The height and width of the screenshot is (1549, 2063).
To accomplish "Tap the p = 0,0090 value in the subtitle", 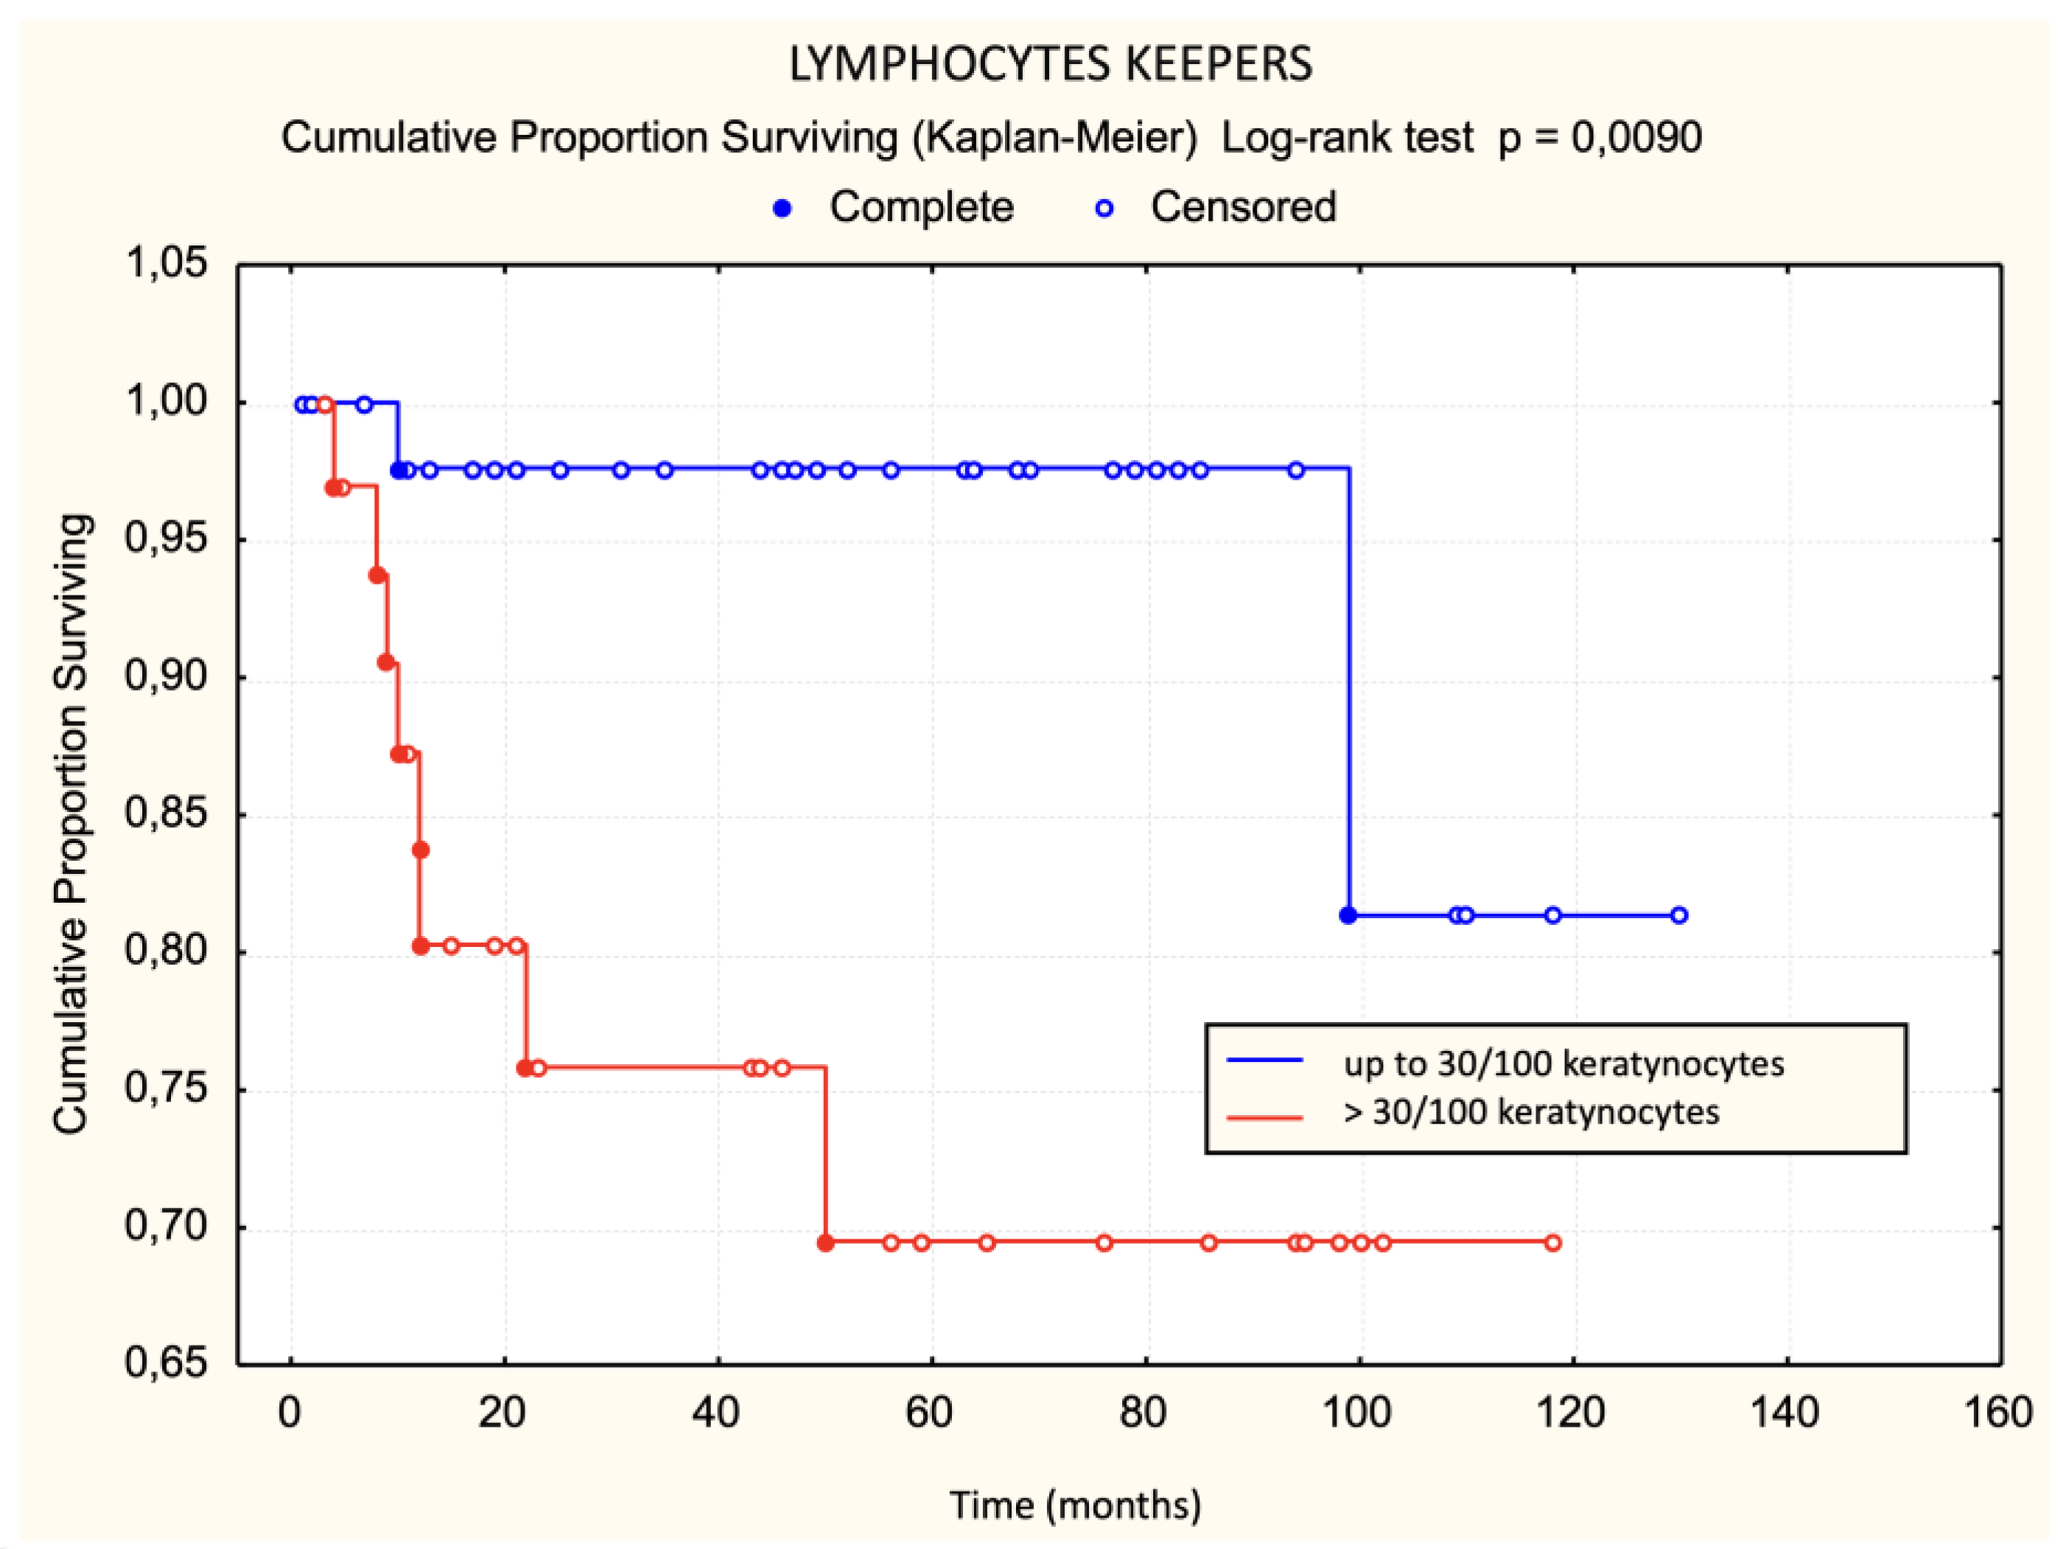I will pos(1600,137).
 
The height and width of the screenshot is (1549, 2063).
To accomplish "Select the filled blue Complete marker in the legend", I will pos(782,208).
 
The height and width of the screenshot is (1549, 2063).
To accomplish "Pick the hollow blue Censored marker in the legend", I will pos(1104,208).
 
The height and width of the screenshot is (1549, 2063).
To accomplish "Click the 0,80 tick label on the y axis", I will pos(166,951).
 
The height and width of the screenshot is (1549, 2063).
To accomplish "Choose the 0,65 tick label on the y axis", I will pos(166,1363).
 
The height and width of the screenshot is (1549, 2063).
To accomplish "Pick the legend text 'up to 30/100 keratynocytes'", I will pos(1563,1064).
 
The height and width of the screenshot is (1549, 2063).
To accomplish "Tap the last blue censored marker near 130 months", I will pos(1678,915).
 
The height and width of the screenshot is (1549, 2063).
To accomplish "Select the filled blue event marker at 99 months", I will pos(1348,915).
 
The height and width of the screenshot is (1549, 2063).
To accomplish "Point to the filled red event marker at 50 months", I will pos(825,1242).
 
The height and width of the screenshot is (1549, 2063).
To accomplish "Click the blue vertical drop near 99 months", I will pos(1348,690).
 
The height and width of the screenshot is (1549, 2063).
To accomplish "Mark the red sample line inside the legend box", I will pos(1264,1116).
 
